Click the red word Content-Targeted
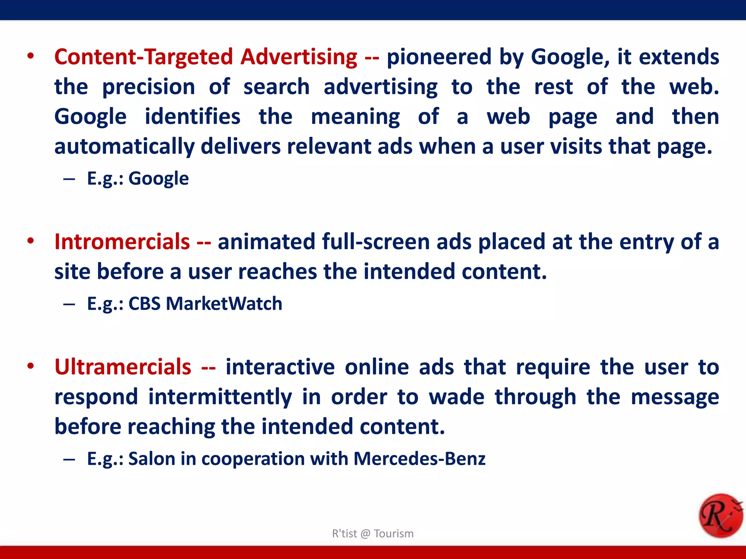pos(144,57)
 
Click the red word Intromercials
pos(122,242)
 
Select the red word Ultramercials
pos(123,367)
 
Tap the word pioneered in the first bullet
pos(439,57)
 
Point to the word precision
pos(148,87)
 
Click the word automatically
pos(124,147)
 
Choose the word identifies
pos(192,117)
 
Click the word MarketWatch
pos(224,304)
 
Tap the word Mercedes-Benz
pos(419,459)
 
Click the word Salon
pos(152,459)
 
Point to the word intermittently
pos(220,397)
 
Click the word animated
pos(266,242)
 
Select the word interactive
pos(280,367)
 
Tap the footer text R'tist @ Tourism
pos(373,534)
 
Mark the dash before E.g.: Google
pos(69,179)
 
